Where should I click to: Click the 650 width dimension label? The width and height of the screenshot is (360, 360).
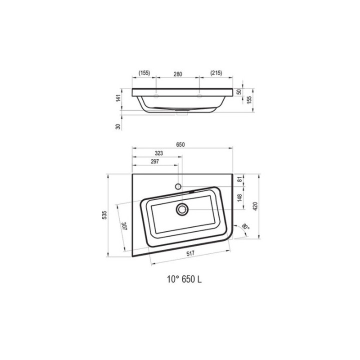click(x=180, y=144)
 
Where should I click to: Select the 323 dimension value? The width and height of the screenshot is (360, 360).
click(x=159, y=153)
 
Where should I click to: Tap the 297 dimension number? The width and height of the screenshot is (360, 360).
click(x=155, y=161)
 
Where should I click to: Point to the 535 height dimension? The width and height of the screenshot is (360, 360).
click(x=104, y=215)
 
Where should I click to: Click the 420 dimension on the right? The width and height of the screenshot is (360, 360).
click(x=255, y=206)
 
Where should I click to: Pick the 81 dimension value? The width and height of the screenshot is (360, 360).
click(x=239, y=179)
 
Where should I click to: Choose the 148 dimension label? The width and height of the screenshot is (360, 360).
click(x=239, y=197)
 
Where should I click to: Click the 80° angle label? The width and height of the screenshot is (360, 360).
click(x=245, y=226)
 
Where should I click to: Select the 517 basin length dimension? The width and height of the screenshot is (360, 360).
click(x=190, y=253)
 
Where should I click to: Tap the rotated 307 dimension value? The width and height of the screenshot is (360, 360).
click(x=124, y=225)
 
